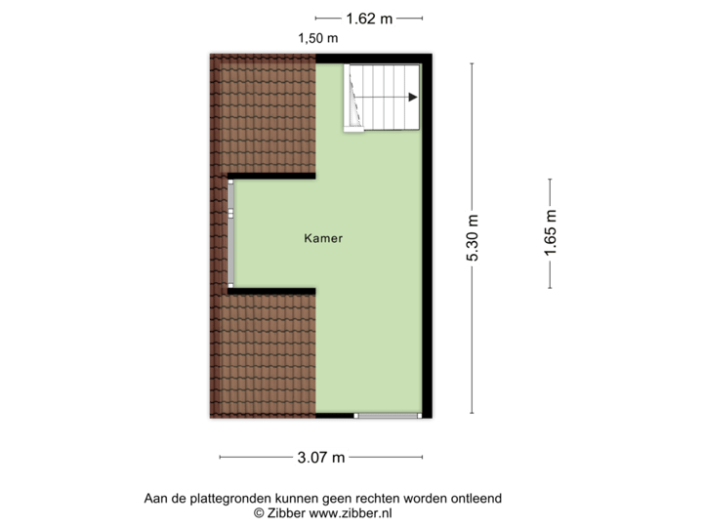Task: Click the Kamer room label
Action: (x=322, y=238)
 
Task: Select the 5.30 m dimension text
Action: (x=472, y=238)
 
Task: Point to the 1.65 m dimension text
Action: (x=551, y=234)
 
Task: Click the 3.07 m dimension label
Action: (x=321, y=457)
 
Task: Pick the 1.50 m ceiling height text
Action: (x=318, y=39)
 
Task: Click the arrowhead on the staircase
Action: (x=414, y=97)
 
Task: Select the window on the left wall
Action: (x=231, y=234)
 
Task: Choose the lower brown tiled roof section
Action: (x=263, y=356)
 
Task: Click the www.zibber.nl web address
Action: (x=351, y=511)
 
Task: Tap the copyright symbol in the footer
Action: (x=259, y=511)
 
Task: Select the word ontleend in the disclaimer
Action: (x=476, y=498)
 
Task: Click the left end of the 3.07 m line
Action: (x=220, y=457)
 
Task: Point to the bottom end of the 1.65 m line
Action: (x=551, y=288)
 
